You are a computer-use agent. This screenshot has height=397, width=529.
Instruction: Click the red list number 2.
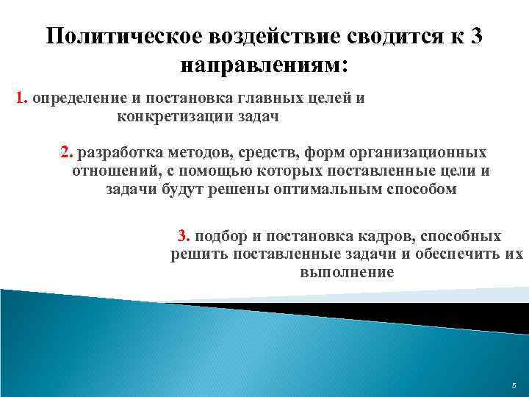67,153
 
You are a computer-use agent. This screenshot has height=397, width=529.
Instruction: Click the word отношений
107,171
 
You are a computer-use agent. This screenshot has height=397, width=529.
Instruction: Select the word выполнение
347,272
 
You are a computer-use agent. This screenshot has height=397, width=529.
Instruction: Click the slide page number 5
514,385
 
